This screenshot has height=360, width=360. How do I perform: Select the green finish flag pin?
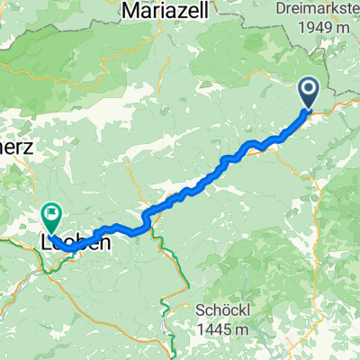(50, 216)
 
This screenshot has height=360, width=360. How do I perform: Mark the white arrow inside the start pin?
(308, 88)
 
